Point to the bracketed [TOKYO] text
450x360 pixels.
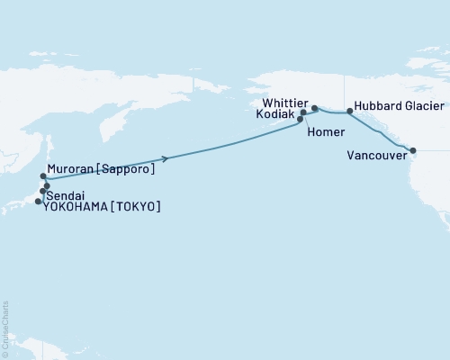[x=139, y=206]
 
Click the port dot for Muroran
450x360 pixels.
[x=43, y=176]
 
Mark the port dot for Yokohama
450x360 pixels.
[x=38, y=202]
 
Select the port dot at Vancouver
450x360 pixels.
[x=413, y=150]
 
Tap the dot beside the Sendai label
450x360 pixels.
[x=41, y=192]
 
